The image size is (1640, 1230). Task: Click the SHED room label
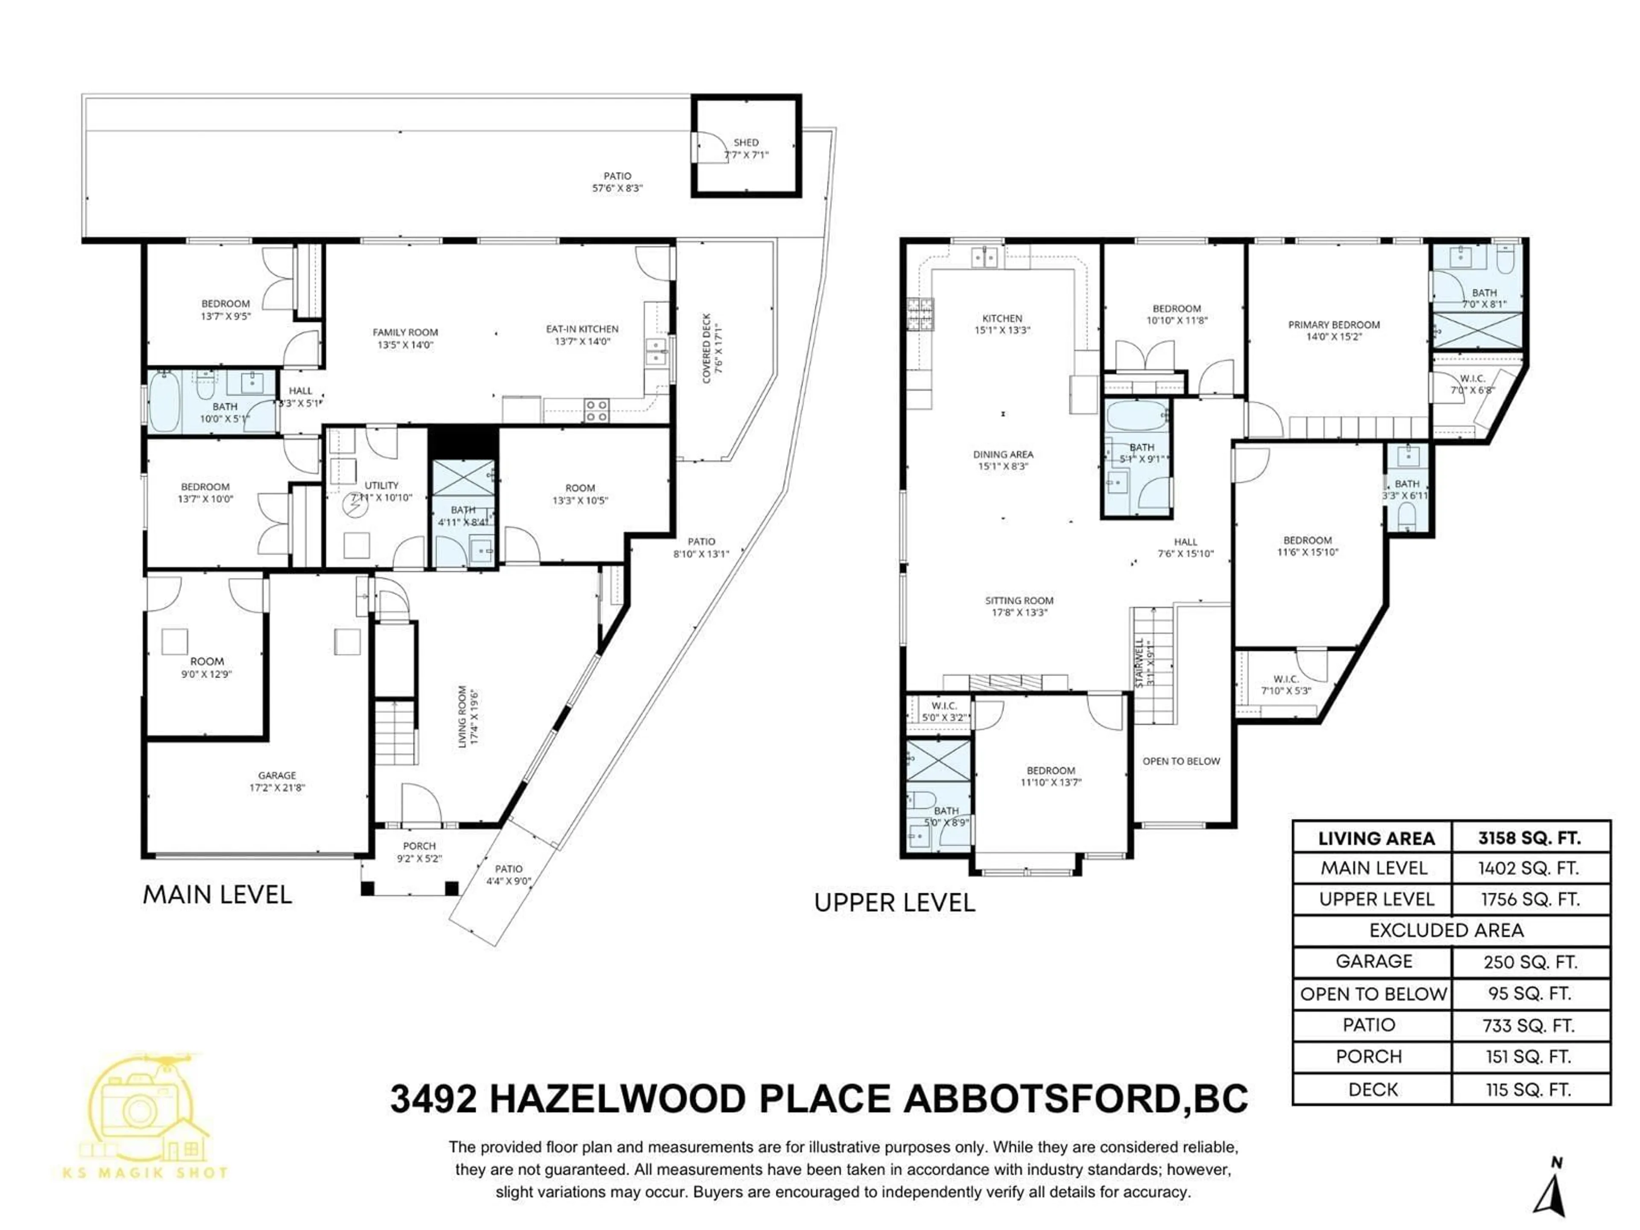point(746,142)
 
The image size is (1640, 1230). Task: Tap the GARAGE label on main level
point(277,776)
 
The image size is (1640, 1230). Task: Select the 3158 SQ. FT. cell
point(1529,838)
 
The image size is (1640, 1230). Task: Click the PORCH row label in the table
point(1369,1057)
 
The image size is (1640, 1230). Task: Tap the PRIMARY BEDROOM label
point(1334,325)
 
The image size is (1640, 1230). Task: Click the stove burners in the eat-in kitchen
point(597,410)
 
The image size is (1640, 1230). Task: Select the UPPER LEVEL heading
point(894,903)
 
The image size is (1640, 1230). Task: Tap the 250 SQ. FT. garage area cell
point(1529,962)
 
